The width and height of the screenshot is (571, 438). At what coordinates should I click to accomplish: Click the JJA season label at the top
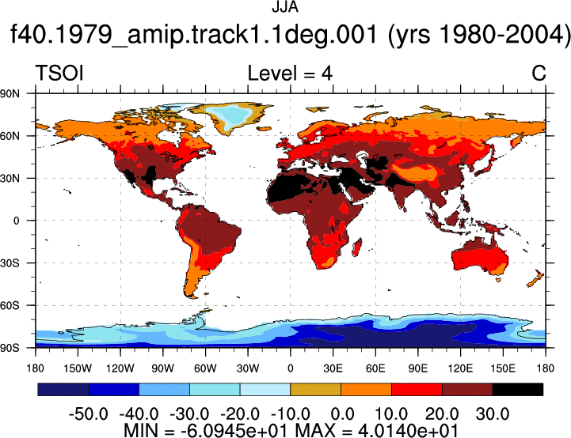pos(285,6)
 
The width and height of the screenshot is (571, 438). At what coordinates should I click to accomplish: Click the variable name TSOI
pos(59,73)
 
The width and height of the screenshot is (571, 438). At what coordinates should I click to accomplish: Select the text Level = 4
pos(290,73)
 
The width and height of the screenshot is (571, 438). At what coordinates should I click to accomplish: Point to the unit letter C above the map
pos(539,73)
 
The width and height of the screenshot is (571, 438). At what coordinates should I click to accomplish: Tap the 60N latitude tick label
pos(10,136)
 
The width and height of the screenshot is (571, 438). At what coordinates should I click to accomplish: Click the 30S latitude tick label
pos(10,262)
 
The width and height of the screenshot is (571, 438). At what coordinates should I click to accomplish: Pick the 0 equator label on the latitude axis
pos(16,221)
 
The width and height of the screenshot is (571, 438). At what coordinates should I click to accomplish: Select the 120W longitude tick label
pos(120,368)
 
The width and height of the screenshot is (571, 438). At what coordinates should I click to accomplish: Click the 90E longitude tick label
pos(417,368)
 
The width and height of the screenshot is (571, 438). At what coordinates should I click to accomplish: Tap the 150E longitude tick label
pos(503,368)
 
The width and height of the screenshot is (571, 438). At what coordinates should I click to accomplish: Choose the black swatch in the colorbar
pos(517,389)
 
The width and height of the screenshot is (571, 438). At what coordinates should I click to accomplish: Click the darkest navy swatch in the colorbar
pos(63,389)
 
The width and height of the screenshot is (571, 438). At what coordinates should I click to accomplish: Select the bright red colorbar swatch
pos(417,389)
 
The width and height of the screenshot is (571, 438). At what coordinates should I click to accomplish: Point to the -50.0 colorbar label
pos(88,413)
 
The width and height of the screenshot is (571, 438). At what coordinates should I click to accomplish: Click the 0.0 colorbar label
pos(341,413)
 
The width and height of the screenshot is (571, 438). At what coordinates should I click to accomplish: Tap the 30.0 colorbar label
pos(493,413)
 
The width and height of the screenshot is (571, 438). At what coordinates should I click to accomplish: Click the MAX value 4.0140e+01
pos(408,430)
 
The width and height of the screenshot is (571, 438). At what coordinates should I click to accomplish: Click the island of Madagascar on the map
pos(357,247)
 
